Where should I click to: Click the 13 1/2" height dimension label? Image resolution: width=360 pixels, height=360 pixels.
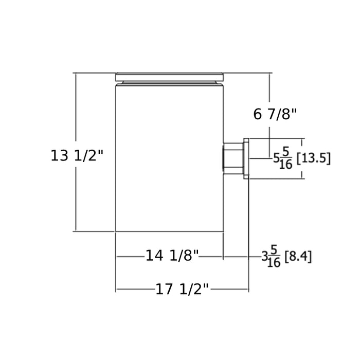tap(77, 155)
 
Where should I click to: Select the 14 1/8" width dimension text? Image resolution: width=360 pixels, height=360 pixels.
tap(172, 256)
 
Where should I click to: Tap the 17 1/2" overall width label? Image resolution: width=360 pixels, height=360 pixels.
tap(182, 290)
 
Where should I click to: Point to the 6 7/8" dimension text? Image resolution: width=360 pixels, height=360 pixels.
tap(275, 114)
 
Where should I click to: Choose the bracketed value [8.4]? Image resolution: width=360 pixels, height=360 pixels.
tap(298, 256)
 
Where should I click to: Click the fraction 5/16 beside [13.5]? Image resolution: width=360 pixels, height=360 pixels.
tap(286, 158)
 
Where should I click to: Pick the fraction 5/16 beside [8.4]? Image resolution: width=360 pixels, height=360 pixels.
tap(274, 256)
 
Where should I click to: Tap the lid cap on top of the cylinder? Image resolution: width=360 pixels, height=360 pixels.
tap(169, 77)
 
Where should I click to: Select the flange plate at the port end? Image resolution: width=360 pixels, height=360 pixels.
tap(246, 158)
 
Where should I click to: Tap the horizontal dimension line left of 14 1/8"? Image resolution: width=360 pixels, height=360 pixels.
tap(130, 257)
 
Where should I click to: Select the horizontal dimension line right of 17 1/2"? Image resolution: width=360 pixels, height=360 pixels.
tap(229, 290)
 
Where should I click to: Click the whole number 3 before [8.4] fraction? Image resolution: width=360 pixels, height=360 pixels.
tap(264, 257)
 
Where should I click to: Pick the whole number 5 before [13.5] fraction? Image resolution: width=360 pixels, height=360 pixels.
tap(276, 158)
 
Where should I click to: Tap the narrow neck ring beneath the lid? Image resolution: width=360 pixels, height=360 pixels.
tap(169, 83)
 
